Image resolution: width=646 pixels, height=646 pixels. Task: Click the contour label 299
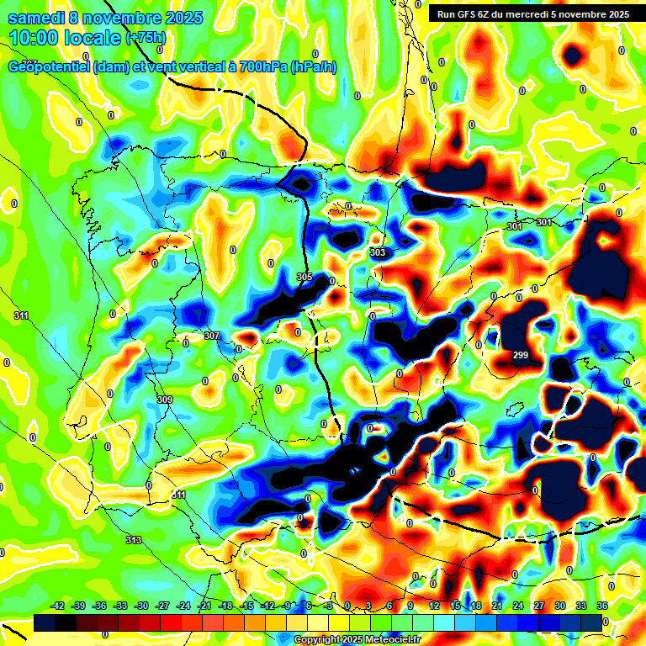coord(521,355)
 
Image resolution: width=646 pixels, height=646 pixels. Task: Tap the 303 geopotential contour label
coord(378,252)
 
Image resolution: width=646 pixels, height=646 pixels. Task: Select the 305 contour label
coord(304,277)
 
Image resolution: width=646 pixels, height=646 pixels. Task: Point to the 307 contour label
coord(212,336)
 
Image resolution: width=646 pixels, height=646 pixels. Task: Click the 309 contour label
coord(165,399)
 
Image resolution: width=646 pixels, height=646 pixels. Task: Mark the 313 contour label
coord(134,539)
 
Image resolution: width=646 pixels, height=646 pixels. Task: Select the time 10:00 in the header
coord(36,38)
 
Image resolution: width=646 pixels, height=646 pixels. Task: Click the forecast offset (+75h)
coord(146,38)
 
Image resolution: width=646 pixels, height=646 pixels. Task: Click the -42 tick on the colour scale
coord(58,606)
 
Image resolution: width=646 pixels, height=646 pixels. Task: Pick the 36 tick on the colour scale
coord(601,606)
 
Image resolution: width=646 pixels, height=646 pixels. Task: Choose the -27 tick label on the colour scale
coord(162,606)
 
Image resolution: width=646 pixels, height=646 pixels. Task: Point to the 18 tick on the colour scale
coord(476,606)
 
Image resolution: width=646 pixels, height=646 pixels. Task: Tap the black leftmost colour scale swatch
coord(45,622)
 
